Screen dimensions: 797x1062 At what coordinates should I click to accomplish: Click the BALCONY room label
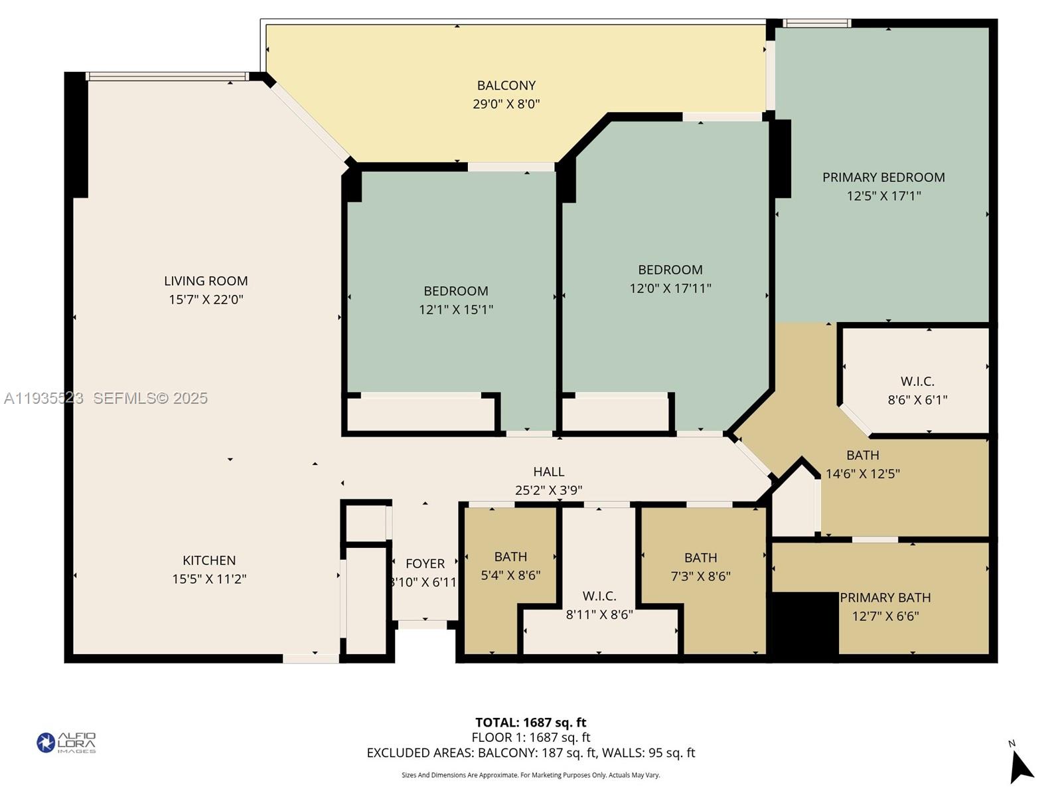506,86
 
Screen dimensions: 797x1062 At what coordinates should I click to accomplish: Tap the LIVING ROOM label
206,281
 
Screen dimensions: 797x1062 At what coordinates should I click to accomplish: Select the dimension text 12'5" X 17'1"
883,196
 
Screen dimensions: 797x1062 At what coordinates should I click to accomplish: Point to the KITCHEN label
209,561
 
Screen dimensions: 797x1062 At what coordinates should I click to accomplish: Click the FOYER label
425,564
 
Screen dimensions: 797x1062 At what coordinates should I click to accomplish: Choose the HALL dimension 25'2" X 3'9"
548,490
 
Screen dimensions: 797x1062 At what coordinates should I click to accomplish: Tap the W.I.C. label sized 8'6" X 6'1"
917,381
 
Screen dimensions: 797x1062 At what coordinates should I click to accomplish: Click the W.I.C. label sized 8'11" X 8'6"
599,596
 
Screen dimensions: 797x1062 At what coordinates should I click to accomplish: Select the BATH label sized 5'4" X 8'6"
510,557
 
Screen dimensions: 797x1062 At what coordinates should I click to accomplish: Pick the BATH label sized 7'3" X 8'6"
700,558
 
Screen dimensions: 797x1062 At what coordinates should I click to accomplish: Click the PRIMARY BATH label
885,598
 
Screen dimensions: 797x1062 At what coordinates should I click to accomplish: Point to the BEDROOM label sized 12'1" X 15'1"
456,291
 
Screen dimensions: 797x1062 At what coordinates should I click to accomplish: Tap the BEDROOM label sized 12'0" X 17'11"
670,270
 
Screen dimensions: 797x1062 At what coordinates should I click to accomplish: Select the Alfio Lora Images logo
66,743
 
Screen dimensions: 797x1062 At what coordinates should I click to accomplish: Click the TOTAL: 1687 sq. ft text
530,723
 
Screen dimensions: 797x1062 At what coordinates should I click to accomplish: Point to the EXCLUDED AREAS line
530,753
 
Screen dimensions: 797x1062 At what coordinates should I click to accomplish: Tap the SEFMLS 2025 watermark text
150,398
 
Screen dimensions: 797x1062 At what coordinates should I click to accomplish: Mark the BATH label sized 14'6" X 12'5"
862,456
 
